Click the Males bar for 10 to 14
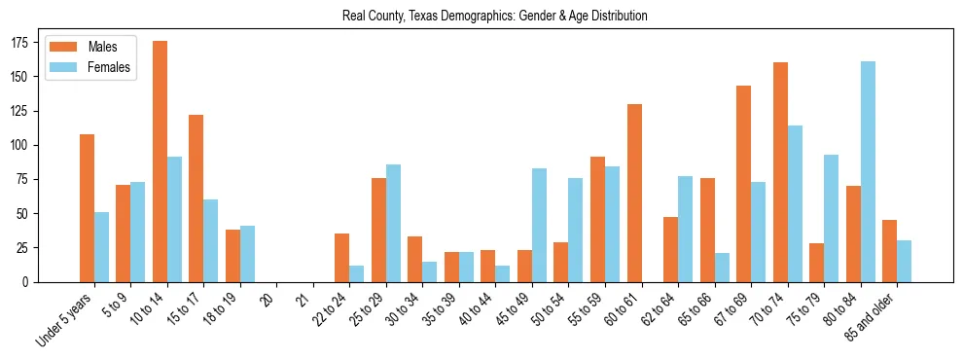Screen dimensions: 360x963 (x=160, y=162)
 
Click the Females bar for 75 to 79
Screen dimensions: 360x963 (x=832, y=218)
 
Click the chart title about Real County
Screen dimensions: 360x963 (x=495, y=17)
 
